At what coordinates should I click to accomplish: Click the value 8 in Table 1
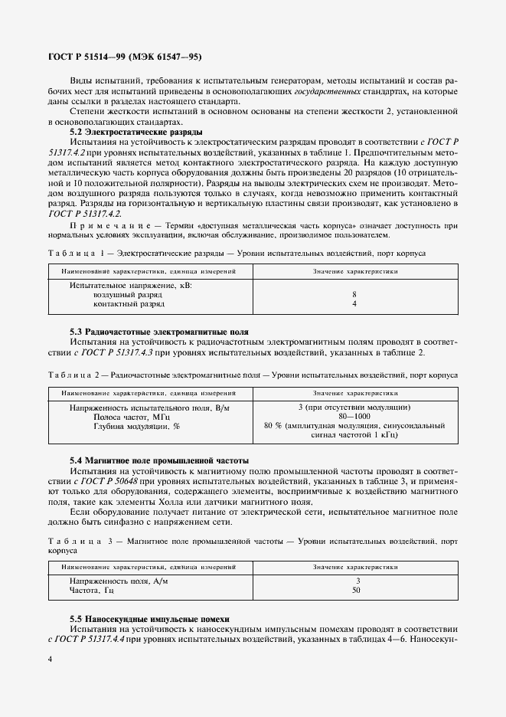pyautogui.click(x=354, y=294)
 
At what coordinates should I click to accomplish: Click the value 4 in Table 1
pyautogui.click(x=354, y=304)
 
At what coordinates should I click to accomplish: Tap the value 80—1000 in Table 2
pyautogui.click(x=354, y=416)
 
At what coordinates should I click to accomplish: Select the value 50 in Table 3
pyautogui.click(x=354, y=591)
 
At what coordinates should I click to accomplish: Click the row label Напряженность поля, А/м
pyautogui.click(x=119, y=581)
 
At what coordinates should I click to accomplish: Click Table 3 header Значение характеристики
pyautogui.click(x=354, y=567)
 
